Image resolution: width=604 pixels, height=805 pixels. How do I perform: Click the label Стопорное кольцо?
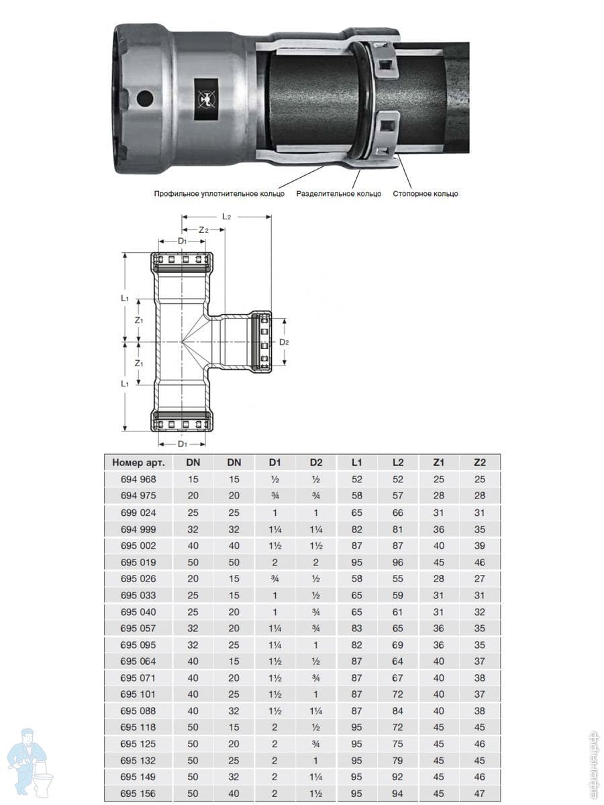(x=425, y=194)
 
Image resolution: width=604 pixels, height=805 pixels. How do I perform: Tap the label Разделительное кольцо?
(x=338, y=194)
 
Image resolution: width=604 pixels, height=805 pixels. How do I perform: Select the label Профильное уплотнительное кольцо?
(x=219, y=194)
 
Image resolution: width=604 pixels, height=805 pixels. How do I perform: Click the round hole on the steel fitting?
(x=145, y=99)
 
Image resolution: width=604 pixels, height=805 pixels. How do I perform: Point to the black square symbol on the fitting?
(x=206, y=98)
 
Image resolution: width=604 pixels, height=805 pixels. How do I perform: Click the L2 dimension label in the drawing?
(x=227, y=217)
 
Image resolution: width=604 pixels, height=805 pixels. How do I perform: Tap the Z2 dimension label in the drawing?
(x=203, y=229)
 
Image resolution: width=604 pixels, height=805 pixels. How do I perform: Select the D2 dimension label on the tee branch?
(x=284, y=342)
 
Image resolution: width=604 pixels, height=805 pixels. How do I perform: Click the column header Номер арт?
(x=139, y=462)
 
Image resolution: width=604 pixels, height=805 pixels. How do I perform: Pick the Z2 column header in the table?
(x=479, y=462)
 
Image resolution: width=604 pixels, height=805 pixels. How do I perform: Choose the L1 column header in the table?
(x=356, y=462)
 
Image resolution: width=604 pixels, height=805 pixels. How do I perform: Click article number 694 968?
(x=138, y=479)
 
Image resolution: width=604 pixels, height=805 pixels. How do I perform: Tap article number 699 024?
(x=138, y=513)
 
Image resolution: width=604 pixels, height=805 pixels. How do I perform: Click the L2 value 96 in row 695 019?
(x=397, y=562)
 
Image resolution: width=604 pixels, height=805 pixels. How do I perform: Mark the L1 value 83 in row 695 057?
(x=356, y=629)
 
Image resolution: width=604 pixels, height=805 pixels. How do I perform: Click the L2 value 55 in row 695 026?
(x=397, y=579)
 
